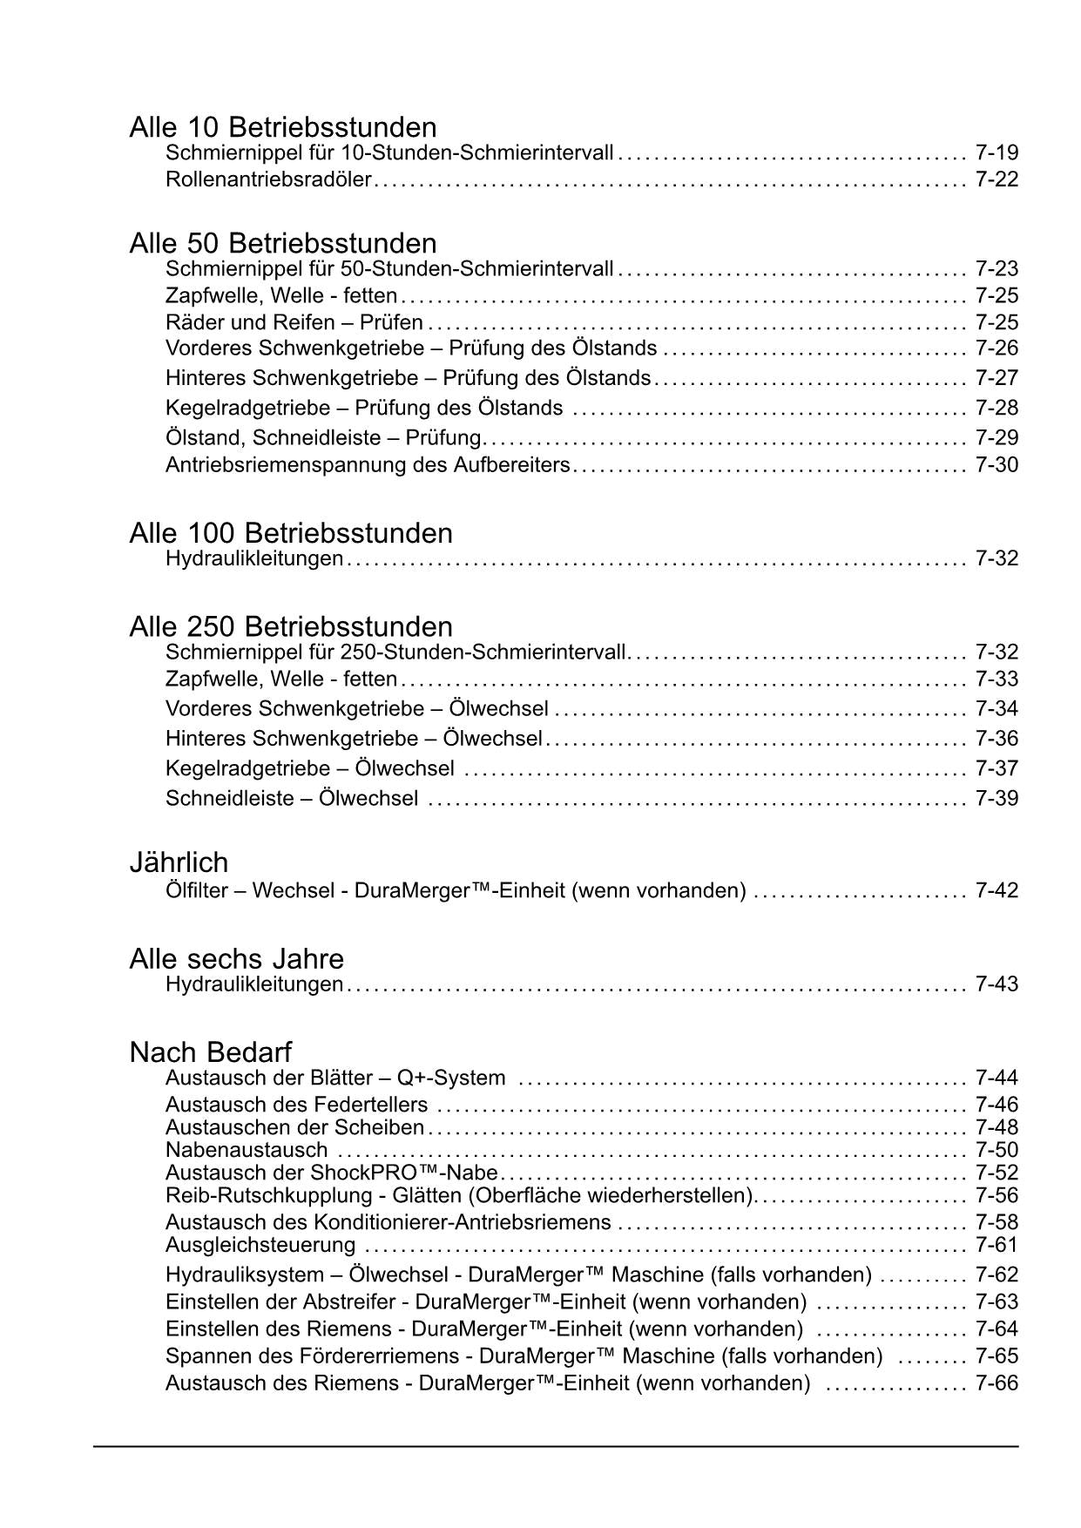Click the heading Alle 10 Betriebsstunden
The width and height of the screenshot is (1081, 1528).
tap(282, 127)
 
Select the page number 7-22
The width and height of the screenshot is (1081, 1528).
tap(997, 179)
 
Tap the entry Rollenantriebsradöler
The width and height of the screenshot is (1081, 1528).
tap(268, 179)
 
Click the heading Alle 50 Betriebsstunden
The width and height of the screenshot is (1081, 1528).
tap(282, 243)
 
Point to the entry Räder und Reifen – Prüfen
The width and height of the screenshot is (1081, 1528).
tap(294, 322)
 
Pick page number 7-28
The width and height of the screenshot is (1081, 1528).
tap(997, 408)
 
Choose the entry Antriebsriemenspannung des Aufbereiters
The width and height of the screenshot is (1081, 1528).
tap(367, 464)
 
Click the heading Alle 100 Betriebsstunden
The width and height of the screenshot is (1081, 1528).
tap(290, 533)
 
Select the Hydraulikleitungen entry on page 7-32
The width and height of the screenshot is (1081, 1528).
tap(253, 558)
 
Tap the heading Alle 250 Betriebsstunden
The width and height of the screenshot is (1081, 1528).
tap(290, 627)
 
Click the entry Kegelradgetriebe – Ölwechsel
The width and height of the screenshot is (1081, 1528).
tap(309, 768)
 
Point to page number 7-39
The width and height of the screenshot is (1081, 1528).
tap(997, 798)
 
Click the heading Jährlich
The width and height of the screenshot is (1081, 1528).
tap(179, 862)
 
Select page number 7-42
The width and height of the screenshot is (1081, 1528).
tap(997, 890)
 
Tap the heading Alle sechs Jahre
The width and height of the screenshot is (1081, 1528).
tap(236, 959)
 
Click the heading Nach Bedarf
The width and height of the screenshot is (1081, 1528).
tap(210, 1052)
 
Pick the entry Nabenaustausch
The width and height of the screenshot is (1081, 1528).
tap(247, 1150)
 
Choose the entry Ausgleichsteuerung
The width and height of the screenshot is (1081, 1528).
tap(260, 1244)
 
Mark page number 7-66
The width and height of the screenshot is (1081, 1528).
tap(997, 1383)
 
